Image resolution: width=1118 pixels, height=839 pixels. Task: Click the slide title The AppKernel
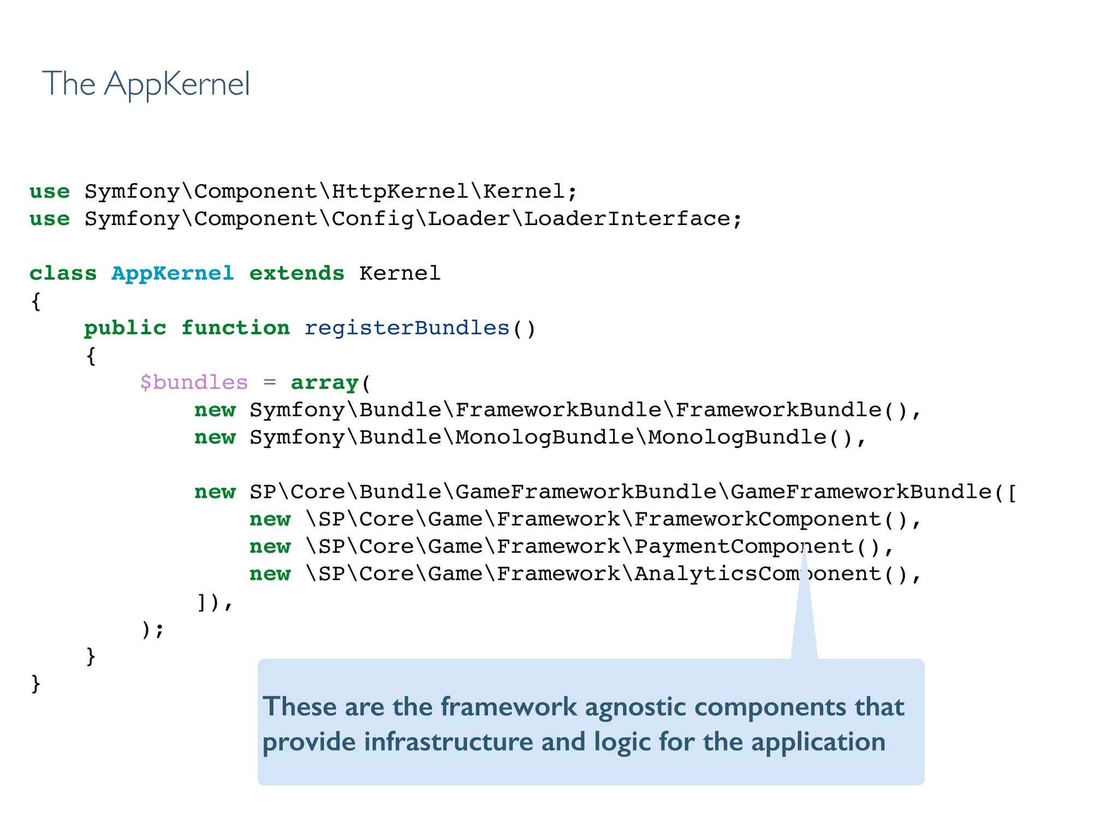click(146, 84)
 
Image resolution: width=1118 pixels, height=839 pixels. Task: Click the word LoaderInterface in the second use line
click(627, 219)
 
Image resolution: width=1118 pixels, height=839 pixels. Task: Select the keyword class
click(63, 274)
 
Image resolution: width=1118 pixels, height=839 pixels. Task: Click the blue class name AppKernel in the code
click(173, 274)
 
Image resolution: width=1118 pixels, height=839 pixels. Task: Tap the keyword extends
click(296, 274)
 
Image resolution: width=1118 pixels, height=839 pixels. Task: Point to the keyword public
click(125, 328)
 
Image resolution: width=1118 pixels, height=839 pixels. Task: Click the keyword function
click(235, 328)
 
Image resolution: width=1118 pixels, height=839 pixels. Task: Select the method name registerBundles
click(407, 328)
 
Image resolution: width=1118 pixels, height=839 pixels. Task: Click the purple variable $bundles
click(194, 383)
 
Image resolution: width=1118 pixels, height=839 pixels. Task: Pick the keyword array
click(324, 383)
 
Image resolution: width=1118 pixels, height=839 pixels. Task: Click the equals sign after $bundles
click(270, 383)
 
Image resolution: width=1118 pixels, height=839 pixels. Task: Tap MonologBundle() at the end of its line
click(751, 438)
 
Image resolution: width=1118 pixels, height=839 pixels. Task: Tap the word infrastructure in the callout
click(449, 742)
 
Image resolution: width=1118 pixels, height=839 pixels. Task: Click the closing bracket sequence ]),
click(214, 602)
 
